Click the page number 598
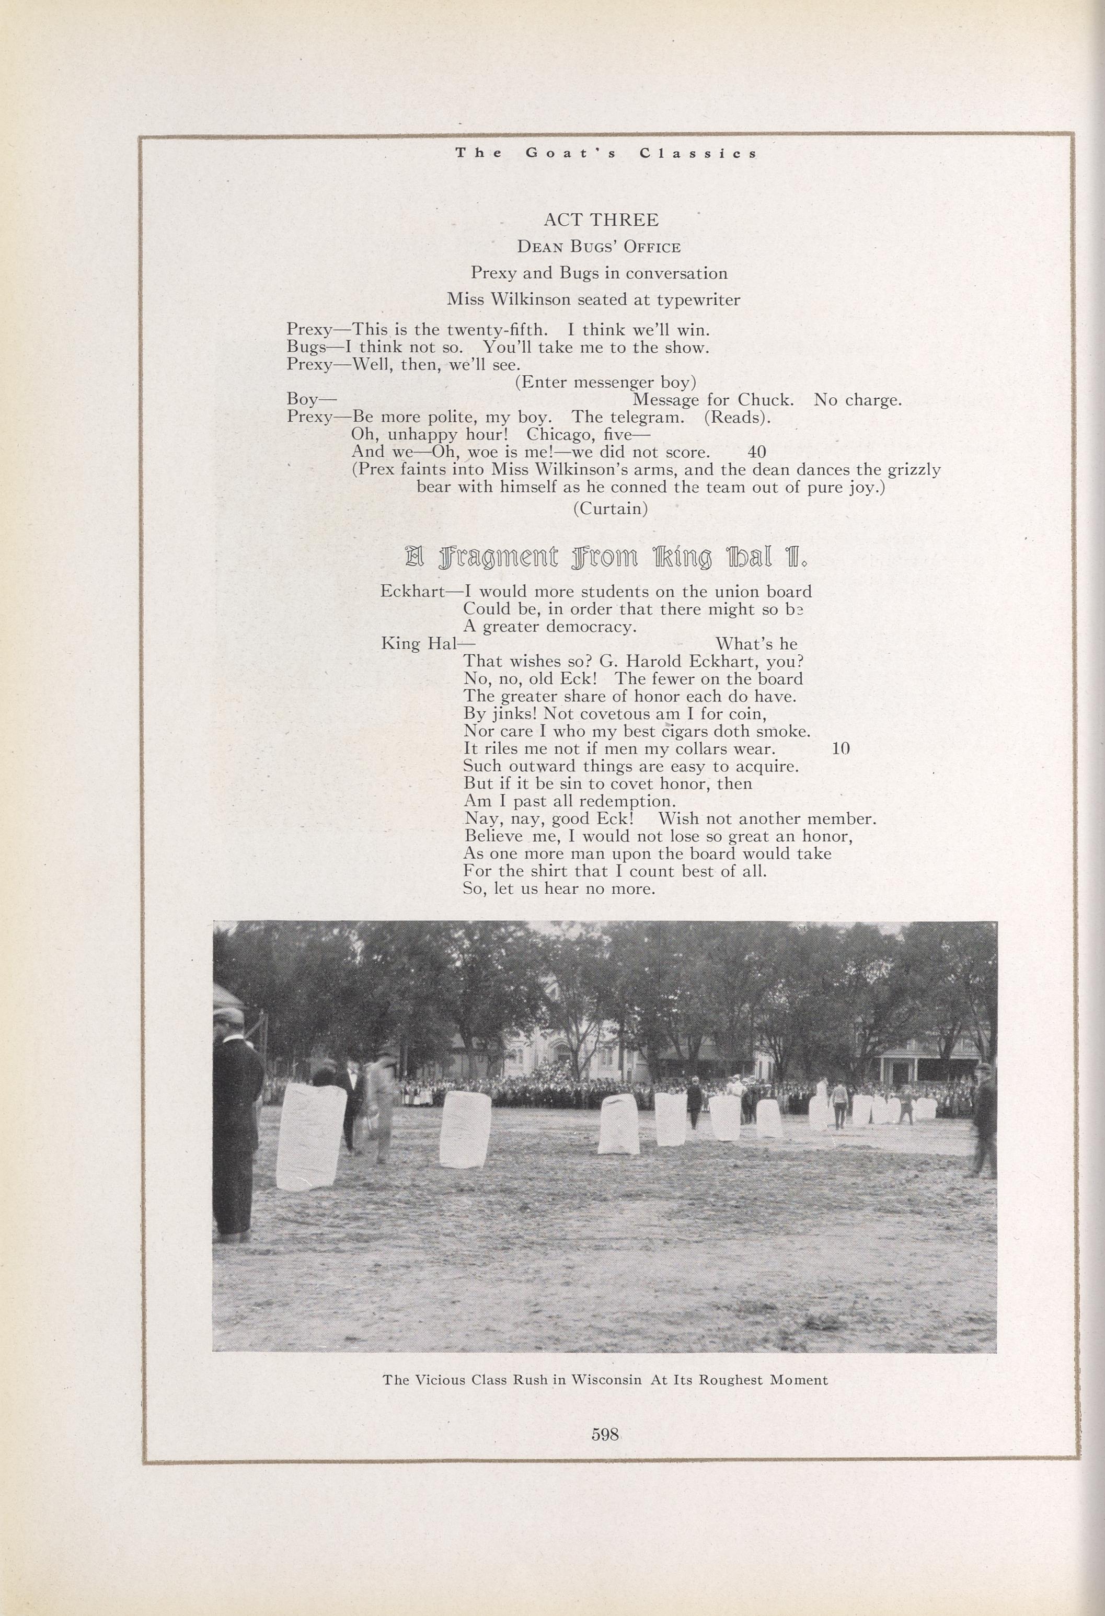tap(604, 1433)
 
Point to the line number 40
tap(756, 453)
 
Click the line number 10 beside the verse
tap(841, 749)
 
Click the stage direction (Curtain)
tap(610, 509)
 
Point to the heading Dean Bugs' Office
tap(598, 247)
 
